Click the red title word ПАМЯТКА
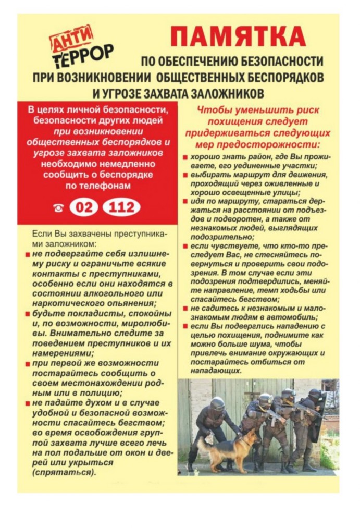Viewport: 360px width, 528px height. pos(238,37)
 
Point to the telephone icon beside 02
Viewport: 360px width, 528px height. pos(58,208)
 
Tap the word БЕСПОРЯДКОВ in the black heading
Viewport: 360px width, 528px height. pos(280,77)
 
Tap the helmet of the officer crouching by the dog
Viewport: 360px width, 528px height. pos(217,403)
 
